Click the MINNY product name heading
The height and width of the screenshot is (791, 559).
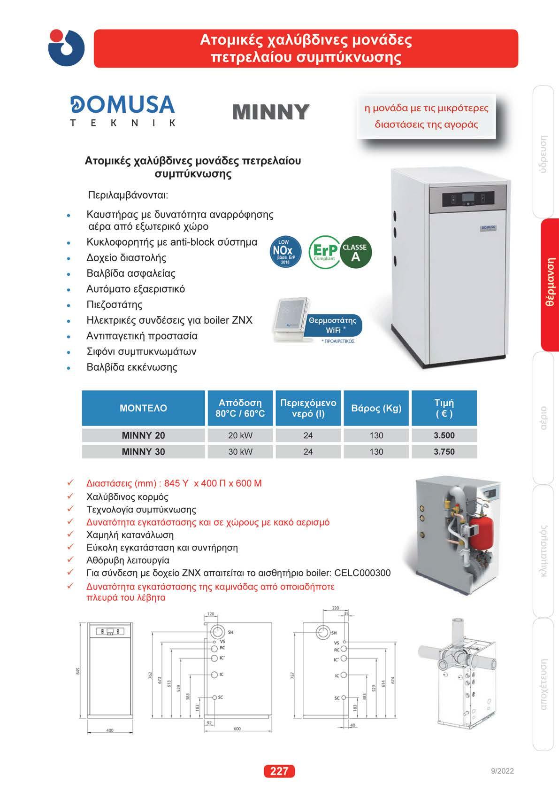pyautogui.click(x=271, y=112)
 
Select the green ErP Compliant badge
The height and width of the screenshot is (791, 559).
pyautogui.click(x=324, y=252)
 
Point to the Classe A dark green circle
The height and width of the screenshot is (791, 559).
pyautogui.click(x=355, y=252)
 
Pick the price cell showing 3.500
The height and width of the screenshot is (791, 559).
pyautogui.click(x=444, y=435)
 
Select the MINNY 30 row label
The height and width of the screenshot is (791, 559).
pyautogui.click(x=144, y=452)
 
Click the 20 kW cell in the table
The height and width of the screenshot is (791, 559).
pyautogui.click(x=240, y=435)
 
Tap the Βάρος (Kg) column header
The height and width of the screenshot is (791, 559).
pyautogui.click(x=376, y=408)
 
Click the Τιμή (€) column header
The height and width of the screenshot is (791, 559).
pyautogui.click(x=444, y=408)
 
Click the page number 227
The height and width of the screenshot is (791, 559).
pyautogui.click(x=279, y=771)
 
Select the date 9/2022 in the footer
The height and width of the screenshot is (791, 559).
pyautogui.click(x=502, y=771)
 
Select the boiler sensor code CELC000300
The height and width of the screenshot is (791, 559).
pyautogui.click(x=362, y=573)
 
